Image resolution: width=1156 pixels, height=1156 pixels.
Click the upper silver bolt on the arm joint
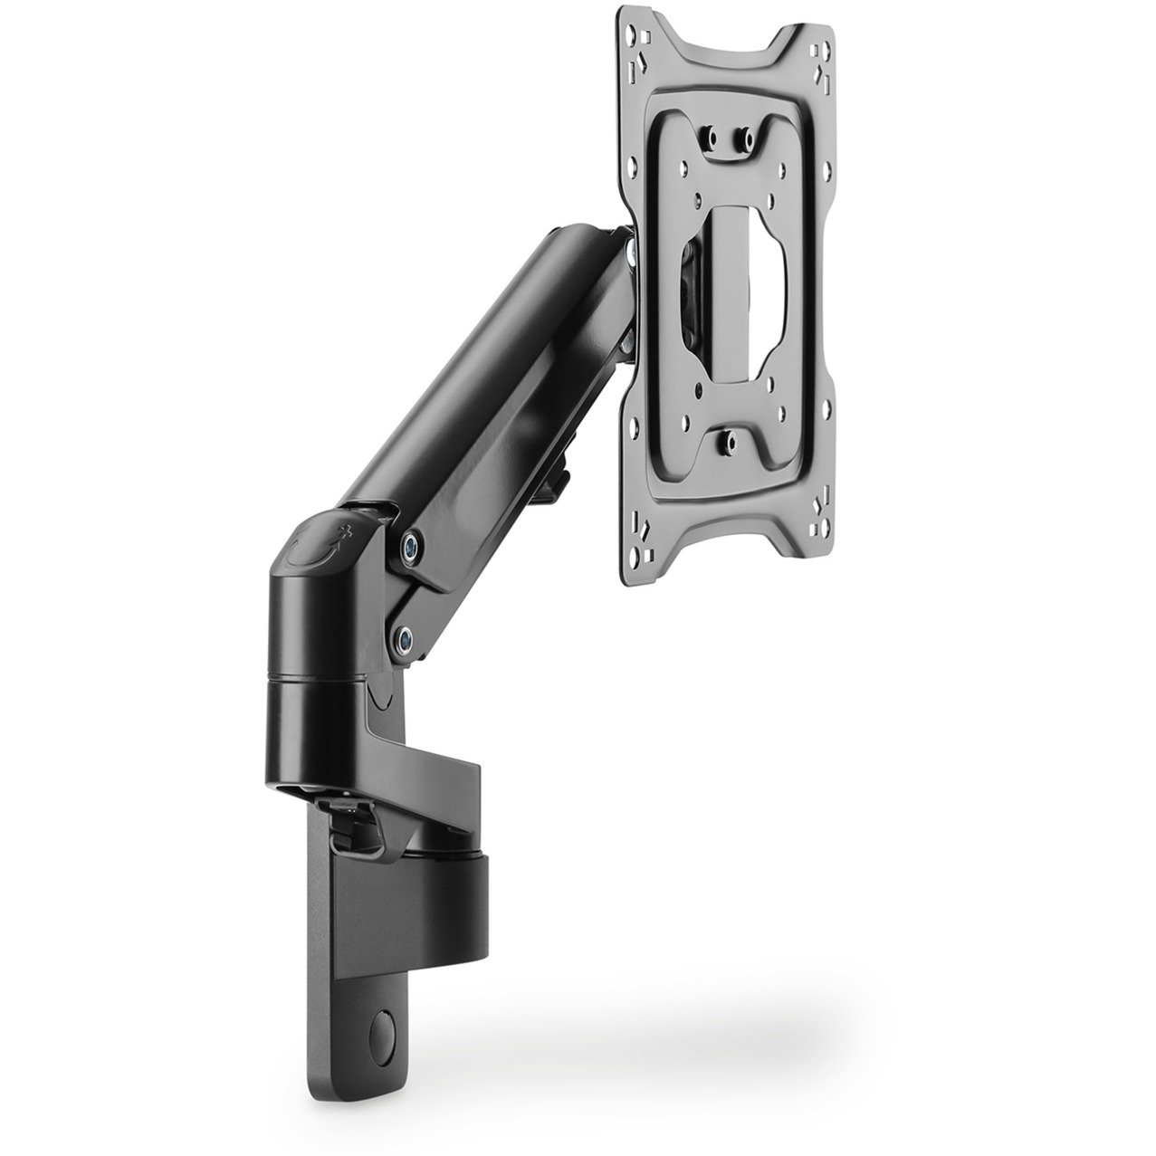pyautogui.click(x=413, y=544)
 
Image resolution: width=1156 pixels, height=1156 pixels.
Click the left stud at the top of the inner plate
pyautogui.click(x=711, y=138)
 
